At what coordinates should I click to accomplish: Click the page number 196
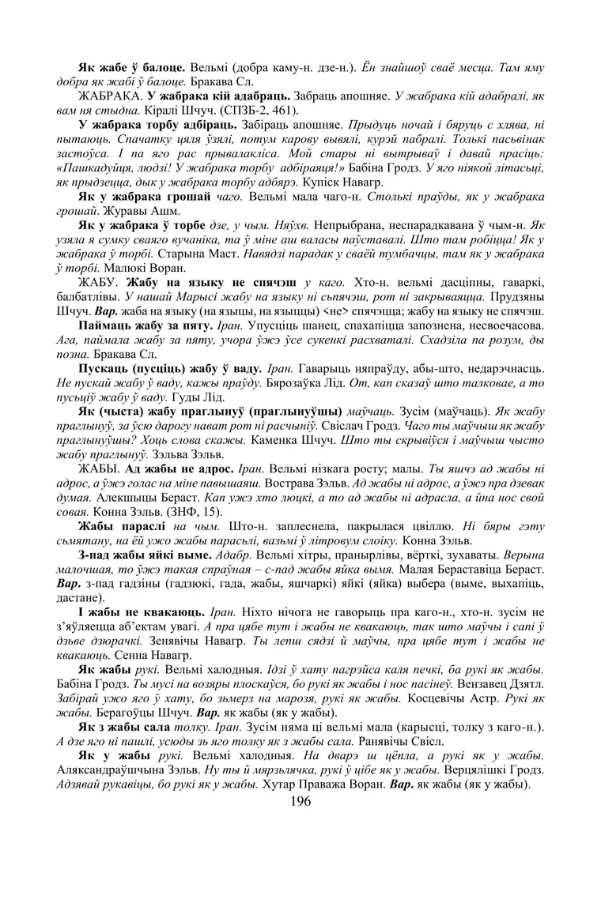[300, 800]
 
